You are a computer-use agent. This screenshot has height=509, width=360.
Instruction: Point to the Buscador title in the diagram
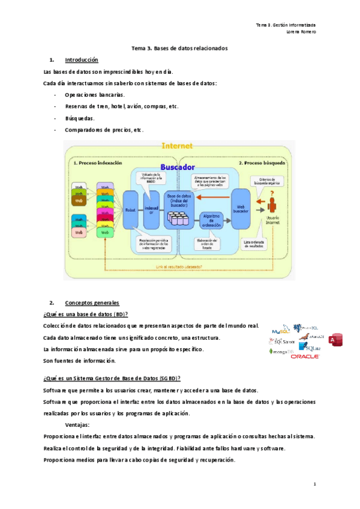tap(178, 167)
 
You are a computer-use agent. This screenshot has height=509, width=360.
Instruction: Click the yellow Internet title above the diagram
tap(177, 146)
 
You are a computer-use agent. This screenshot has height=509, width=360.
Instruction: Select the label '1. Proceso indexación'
tap(97, 162)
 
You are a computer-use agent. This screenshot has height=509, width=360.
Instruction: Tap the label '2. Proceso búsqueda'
tap(262, 162)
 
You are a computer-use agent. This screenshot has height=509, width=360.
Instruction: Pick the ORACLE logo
tap(305, 356)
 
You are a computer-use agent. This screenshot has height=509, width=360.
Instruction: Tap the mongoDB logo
tap(281, 351)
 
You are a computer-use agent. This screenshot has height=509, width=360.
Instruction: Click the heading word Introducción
tap(81, 60)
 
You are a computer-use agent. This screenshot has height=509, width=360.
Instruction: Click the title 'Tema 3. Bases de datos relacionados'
tap(179, 47)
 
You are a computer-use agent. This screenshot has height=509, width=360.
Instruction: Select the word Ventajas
tap(79, 424)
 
